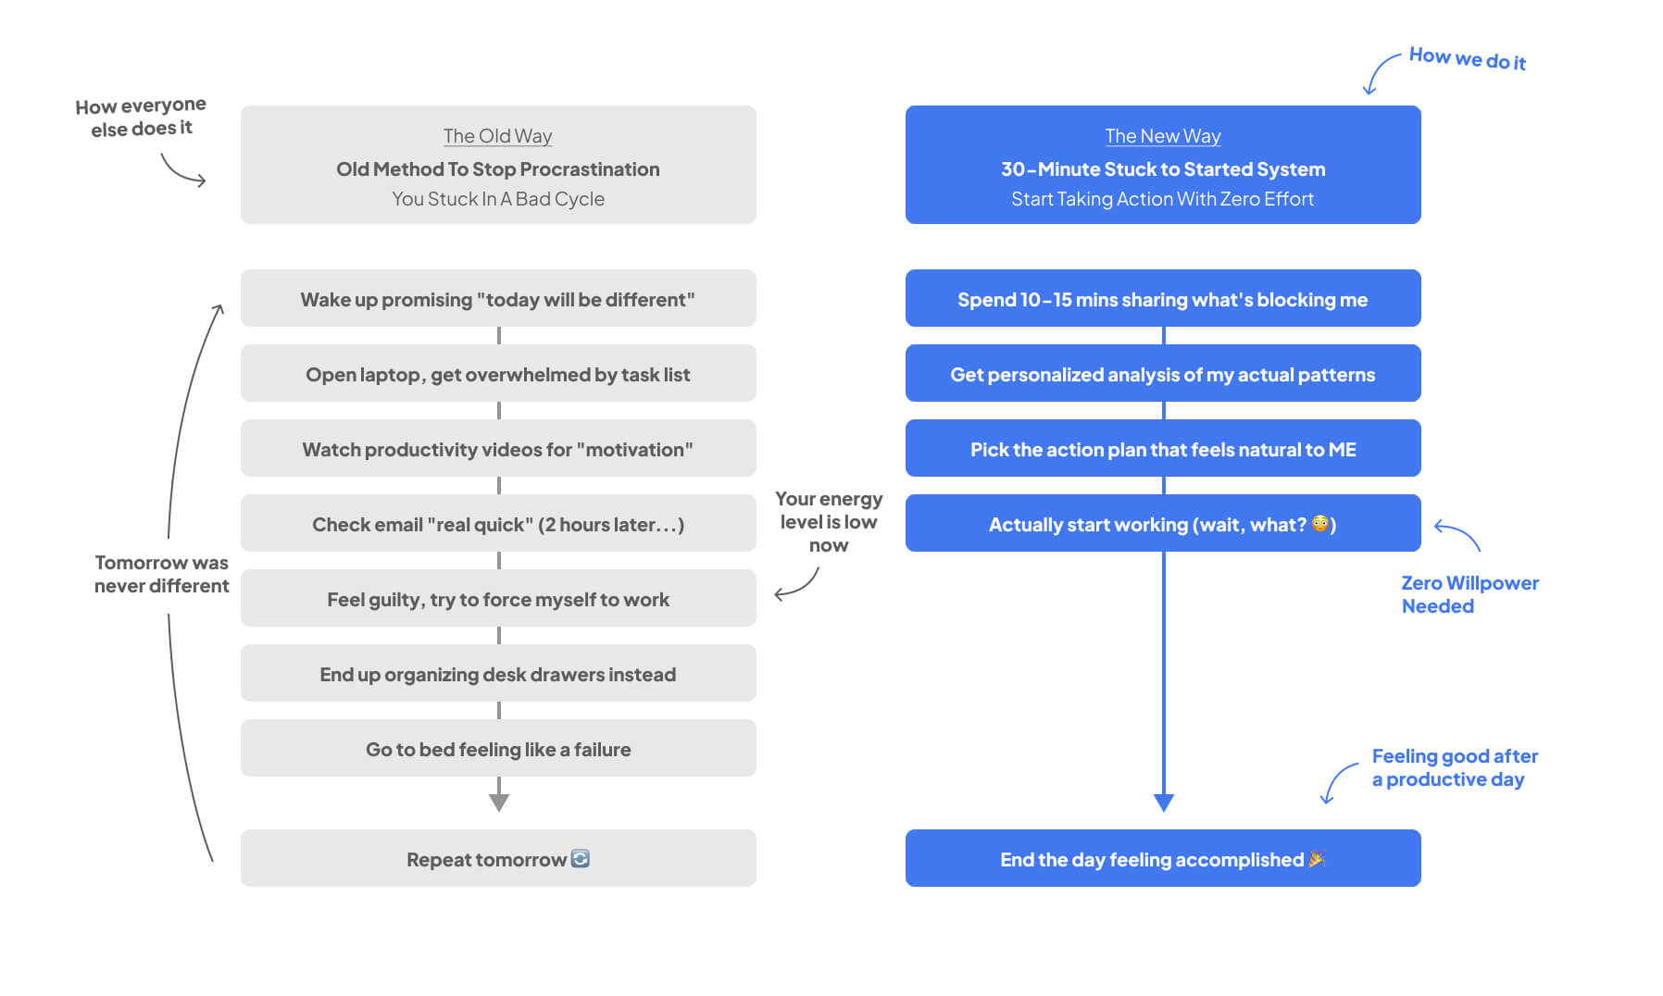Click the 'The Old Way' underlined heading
click(x=497, y=136)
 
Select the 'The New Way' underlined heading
click(x=1163, y=136)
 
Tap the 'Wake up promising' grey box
click(x=498, y=298)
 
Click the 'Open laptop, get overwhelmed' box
click(x=498, y=373)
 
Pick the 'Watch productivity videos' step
click(x=498, y=448)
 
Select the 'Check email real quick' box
click(x=498, y=523)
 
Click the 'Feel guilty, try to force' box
click(x=498, y=598)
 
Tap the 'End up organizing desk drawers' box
click(x=498, y=673)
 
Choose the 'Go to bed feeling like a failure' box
click(x=498, y=748)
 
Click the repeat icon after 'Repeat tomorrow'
click(x=581, y=858)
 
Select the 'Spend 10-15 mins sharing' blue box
click(x=1163, y=298)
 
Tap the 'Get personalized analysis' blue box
click(x=1163, y=373)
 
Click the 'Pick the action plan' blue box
click(x=1163, y=448)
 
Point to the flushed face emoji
click(x=1320, y=524)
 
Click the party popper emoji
click(x=1317, y=858)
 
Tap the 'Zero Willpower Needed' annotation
click(x=1469, y=594)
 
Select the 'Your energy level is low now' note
click(x=829, y=522)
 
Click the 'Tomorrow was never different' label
click(x=161, y=574)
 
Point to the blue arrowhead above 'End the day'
click(x=1164, y=803)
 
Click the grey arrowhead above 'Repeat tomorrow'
click(x=499, y=803)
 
